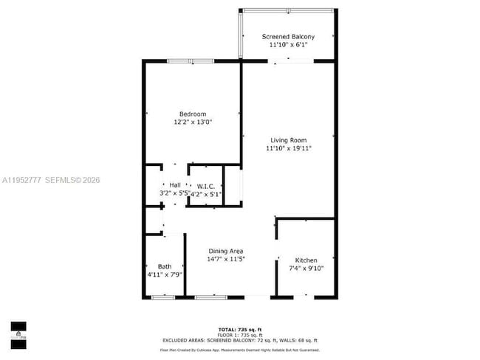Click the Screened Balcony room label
[x=289, y=36]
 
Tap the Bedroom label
[x=192, y=114]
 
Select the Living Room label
[x=288, y=139]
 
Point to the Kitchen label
[x=306, y=260]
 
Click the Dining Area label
[x=227, y=251]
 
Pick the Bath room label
[x=164, y=266]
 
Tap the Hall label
[x=175, y=184]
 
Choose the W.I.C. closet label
[x=205, y=186]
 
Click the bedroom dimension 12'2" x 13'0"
[x=192, y=122]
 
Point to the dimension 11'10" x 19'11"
[x=288, y=148]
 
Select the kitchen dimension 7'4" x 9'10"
[x=306, y=269]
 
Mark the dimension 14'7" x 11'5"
[x=227, y=259]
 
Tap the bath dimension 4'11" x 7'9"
[x=164, y=274]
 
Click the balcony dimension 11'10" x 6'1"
[x=289, y=45]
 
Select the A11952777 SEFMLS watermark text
[x=52, y=180]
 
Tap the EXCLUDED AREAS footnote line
[x=240, y=340]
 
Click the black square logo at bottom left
[x=18, y=327]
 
